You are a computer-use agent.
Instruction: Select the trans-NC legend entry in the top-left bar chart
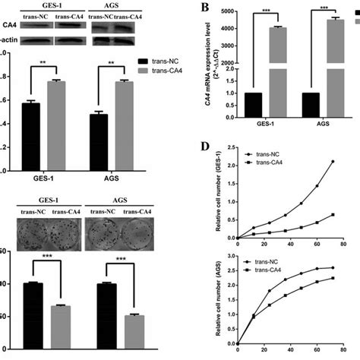(x=163, y=58)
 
